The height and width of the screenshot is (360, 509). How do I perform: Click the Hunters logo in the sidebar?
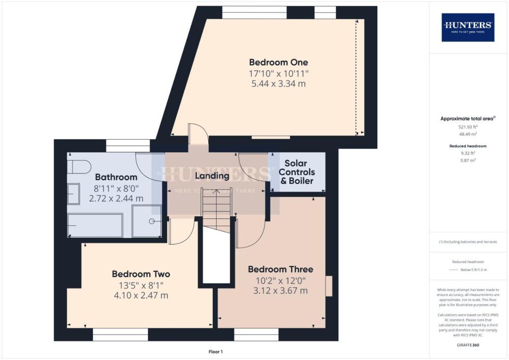click(x=468, y=27)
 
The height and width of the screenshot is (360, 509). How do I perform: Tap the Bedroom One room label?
click(x=278, y=63)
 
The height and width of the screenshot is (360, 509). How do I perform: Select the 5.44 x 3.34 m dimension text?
click(x=278, y=84)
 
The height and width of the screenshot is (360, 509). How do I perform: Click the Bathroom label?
click(x=116, y=177)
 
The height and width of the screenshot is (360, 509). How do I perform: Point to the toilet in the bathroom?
click(x=79, y=166)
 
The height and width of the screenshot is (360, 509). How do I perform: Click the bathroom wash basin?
click(x=73, y=194)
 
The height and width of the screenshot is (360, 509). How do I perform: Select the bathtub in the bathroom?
click(x=95, y=225)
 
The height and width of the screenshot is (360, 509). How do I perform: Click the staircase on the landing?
click(x=216, y=209)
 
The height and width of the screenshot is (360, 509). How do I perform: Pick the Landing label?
click(x=212, y=176)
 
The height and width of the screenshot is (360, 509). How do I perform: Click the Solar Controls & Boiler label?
click(x=297, y=172)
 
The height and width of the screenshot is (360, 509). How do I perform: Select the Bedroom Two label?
click(x=141, y=274)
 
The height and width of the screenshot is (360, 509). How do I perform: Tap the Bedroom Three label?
click(x=280, y=270)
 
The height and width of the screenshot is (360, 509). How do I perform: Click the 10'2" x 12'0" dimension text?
click(x=280, y=280)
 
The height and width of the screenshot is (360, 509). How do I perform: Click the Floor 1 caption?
click(x=215, y=352)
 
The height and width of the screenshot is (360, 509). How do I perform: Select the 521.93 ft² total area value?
click(x=468, y=127)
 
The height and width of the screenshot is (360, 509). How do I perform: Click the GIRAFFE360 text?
click(x=468, y=345)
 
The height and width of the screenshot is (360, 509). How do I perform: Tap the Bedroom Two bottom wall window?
click(x=120, y=337)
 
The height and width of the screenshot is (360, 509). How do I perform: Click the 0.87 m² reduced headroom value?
click(x=468, y=161)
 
